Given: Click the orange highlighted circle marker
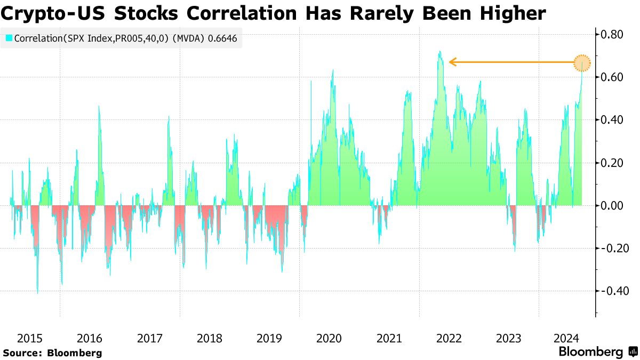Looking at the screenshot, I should pos(582,62).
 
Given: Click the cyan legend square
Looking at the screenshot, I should pos(9,38).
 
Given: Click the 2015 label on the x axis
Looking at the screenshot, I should pos(30,338).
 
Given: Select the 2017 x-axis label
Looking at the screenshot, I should pos(150,338).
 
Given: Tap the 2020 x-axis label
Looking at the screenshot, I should pos(329,338).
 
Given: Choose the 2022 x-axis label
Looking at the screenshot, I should pos(449,338).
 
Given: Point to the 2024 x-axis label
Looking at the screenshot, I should pos(568,338).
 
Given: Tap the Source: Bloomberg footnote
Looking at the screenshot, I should pos(52,353).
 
